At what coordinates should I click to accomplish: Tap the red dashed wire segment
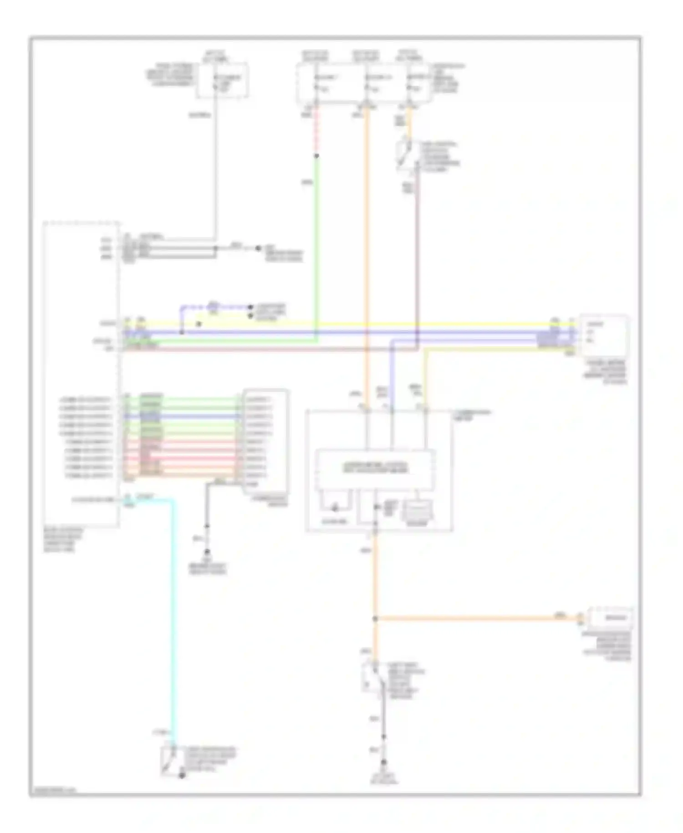click(x=316, y=132)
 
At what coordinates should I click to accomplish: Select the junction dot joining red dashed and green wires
click(x=316, y=156)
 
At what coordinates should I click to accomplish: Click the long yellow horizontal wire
click(x=364, y=324)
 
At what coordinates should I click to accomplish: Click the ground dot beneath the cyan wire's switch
click(x=182, y=776)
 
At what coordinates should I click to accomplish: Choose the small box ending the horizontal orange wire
click(x=610, y=618)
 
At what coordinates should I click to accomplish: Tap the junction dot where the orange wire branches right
click(x=375, y=619)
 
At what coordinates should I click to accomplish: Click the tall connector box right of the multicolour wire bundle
click(x=265, y=441)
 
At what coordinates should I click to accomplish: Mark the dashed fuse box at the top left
click(x=222, y=80)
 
